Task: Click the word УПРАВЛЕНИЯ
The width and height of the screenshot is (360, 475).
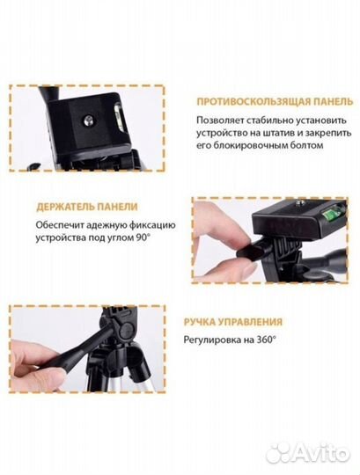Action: coord(253,322)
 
